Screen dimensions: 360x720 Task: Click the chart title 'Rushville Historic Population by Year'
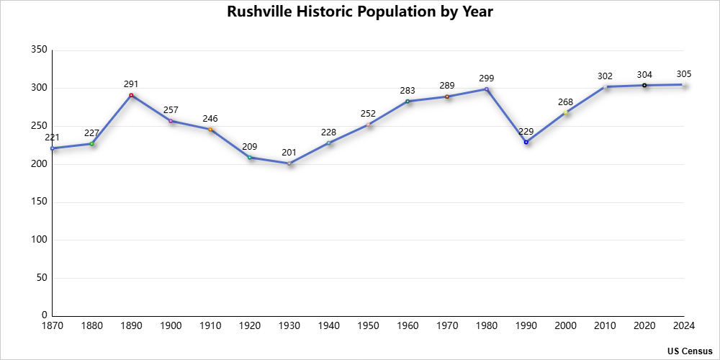tap(360, 12)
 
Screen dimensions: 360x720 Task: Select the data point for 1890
tap(131, 95)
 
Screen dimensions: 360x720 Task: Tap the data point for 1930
tap(289, 163)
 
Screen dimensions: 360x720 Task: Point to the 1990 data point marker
tap(526, 142)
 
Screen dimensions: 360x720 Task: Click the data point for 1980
tap(487, 89)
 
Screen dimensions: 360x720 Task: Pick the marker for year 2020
tap(644, 85)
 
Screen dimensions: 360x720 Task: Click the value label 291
tap(131, 84)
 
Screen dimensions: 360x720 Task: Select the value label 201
tap(289, 153)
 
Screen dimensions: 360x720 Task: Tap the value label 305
tap(684, 74)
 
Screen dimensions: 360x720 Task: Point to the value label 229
tap(526, 131)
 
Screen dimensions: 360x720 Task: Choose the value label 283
tap(408, 91)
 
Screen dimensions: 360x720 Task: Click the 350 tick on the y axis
tap(40, 50)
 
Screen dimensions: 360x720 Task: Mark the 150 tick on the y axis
tap(40, 202)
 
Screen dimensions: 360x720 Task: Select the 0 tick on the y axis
tap(45, 315)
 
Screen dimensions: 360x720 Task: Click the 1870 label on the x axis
tap(53, 326)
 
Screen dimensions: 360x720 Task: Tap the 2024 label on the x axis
tap(684, 326)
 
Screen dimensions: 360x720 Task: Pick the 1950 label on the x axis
tap(369, 326)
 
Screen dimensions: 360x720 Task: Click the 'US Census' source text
tap(690, 351)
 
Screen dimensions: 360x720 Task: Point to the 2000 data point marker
tap(566, 112)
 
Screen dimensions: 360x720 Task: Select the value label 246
tap(210, 119)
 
